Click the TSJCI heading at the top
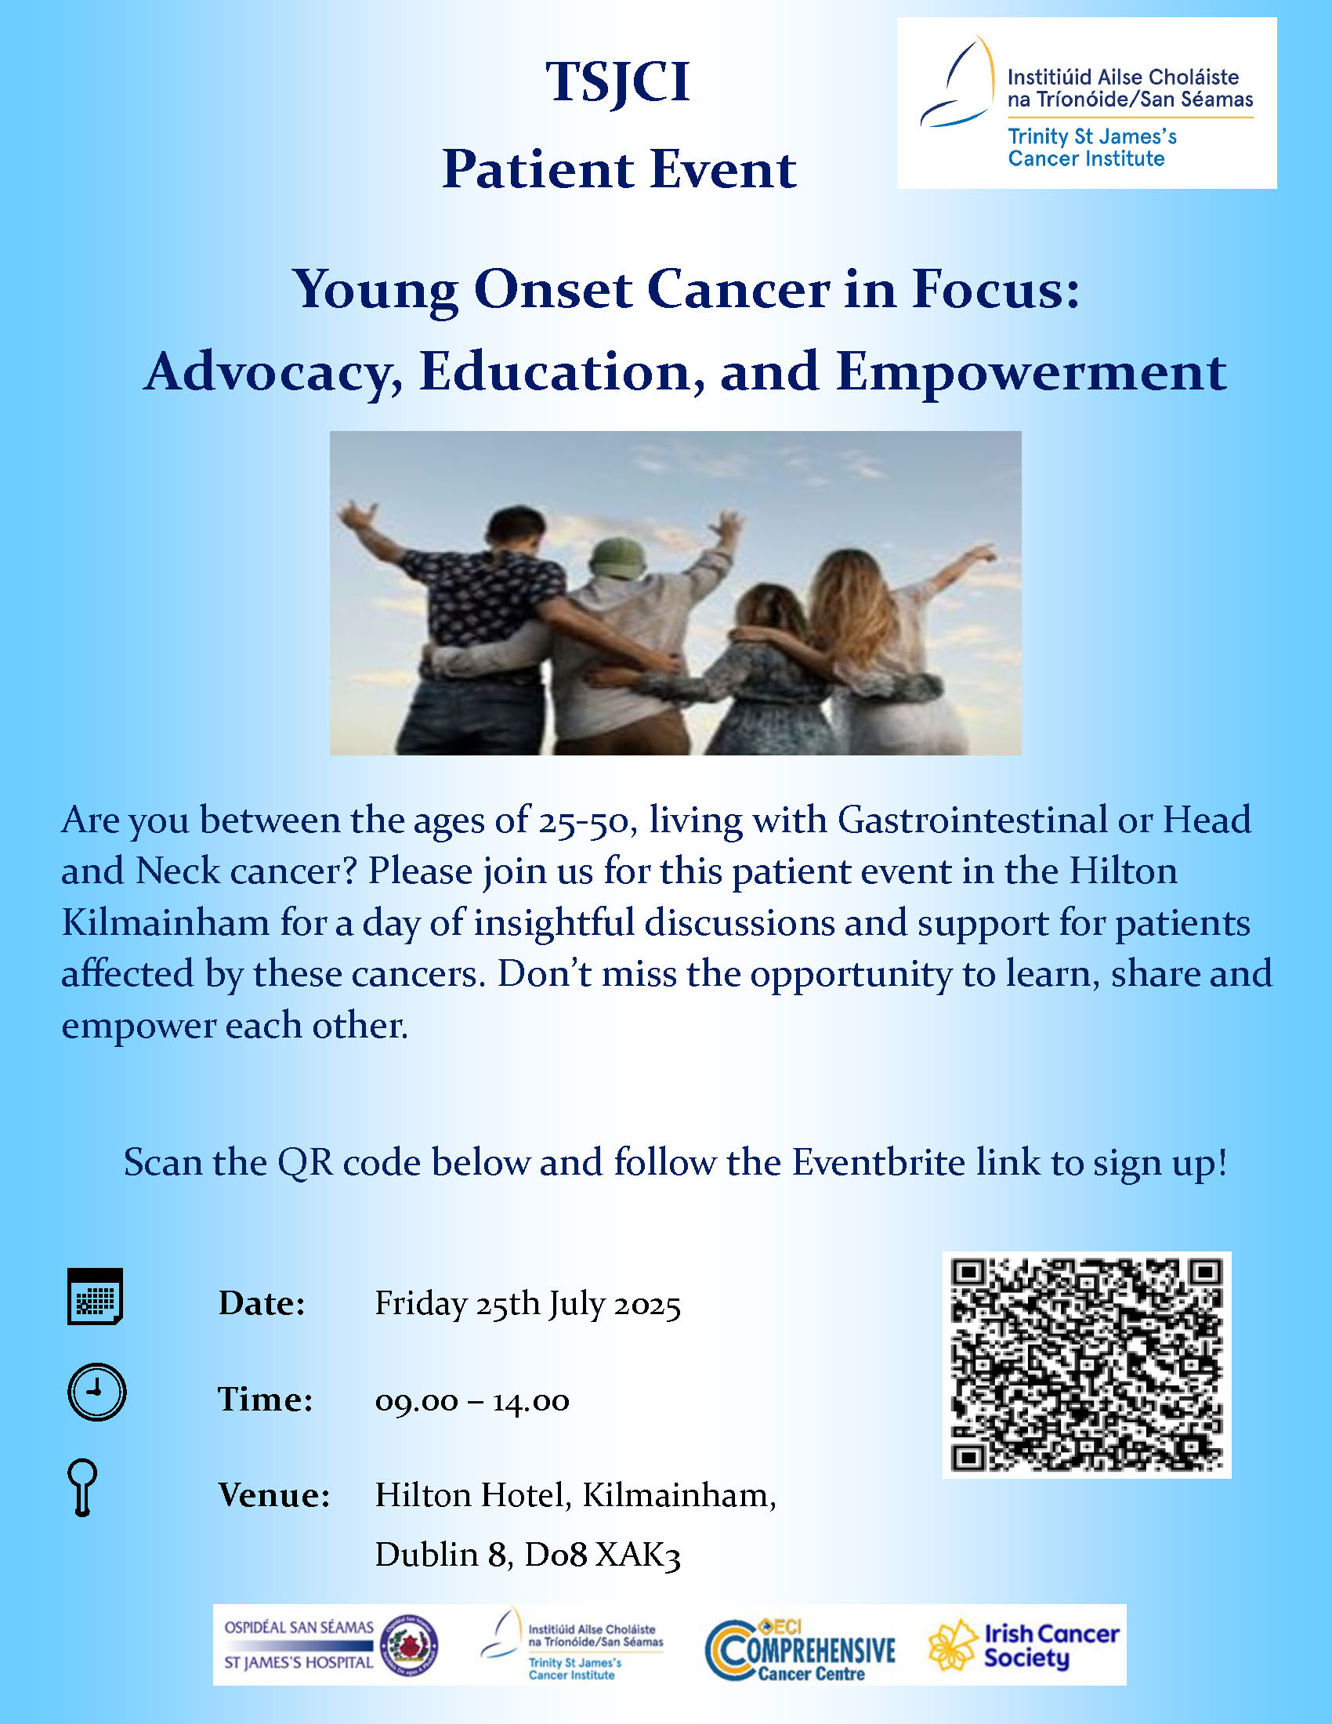pyautogui.click(x=618, y=83)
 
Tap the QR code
pyautogui.click(x=1087, y=1365)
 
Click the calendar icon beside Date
pyautogui.click(x=95, y=1296)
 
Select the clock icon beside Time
pyautogui.click(x=96, y=1392)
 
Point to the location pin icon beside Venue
pyautogui.click(x=83, y=1488)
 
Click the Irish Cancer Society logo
pyautogui.click(x=1023, y=1646)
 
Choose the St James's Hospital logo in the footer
pyautogui.click(x=331, y=1645)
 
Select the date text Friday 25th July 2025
pyautogui.click(x=527, y=1304)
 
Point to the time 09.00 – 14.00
pyautogui.click(x=472, y=1401)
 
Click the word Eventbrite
pyautogui.click(x=878, y=1162)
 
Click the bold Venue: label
pyautogui.click(x=273, y=1495)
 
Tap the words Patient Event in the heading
pyautogui.click(x=620, y=170)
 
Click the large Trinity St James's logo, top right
pyautogui.click(x=1087, y=103)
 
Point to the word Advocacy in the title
pyautogui.click(x=273, y=372)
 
